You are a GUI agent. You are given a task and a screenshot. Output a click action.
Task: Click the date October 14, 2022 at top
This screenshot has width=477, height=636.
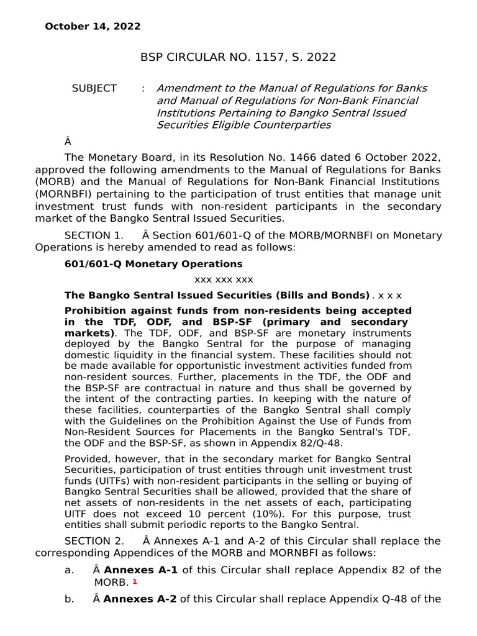(92, 27)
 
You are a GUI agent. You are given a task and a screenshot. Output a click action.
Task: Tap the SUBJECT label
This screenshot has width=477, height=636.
(94, 89)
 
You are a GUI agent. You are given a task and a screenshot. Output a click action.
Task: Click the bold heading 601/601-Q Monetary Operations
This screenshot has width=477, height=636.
(145, 264)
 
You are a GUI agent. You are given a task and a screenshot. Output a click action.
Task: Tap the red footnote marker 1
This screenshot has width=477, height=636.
(134, 581)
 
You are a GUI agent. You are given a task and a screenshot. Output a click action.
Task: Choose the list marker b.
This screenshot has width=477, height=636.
(70, 599)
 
